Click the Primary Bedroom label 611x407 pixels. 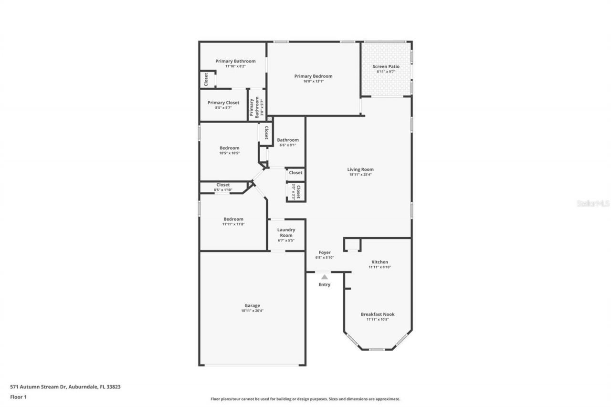(313, 76)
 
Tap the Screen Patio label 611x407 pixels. (386, 67)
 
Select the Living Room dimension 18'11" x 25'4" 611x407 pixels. (360, 175)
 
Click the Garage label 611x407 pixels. (252, 305)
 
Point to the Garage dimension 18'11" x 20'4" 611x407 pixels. (252, 311)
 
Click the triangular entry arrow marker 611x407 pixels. (325, 277)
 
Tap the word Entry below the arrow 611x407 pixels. (325, 285)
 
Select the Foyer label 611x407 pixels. (325, 252)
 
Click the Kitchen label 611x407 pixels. (380, 262)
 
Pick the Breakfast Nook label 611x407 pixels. (378, 314)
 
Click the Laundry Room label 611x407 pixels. (286, 232)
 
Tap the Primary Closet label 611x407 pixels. (223, 103)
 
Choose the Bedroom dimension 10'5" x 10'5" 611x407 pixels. (230, 153)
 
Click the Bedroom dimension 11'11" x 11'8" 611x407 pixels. (233, 224)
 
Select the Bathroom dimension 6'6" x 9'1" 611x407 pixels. (288, 145)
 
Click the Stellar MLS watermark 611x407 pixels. (593, 203)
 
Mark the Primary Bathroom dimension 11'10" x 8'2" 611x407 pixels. (235, 66)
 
